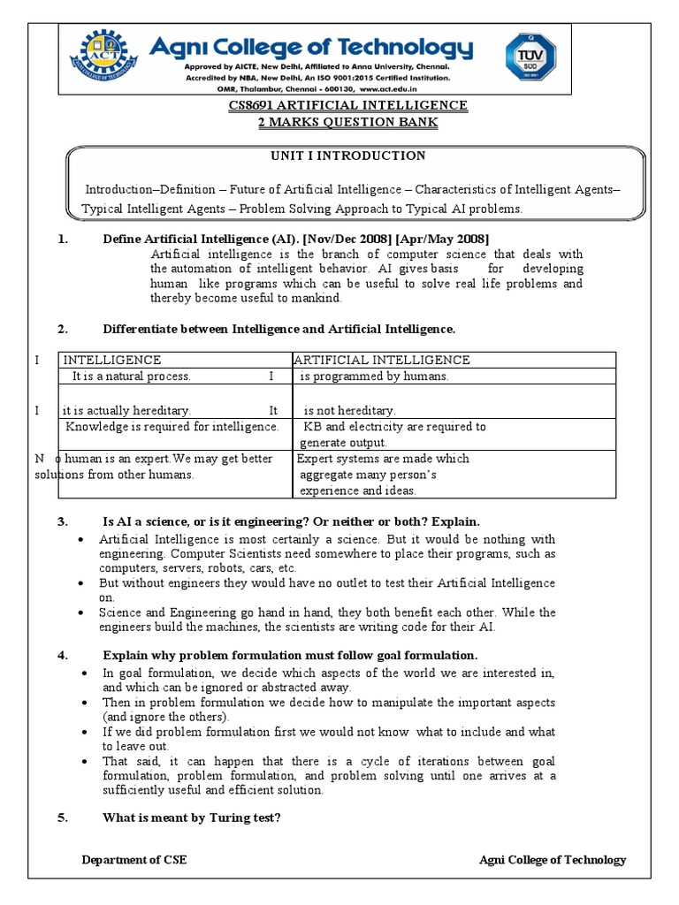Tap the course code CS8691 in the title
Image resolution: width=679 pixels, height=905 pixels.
coord(252,105)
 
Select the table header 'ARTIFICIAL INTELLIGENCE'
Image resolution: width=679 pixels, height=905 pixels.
coord(382,360)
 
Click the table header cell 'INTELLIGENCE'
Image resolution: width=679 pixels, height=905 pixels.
coord(111,360)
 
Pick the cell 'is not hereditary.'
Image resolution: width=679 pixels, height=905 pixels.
coord(349,410)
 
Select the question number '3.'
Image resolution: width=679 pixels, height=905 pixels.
coord(63,521)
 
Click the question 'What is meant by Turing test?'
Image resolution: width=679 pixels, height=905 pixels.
coord(192,818)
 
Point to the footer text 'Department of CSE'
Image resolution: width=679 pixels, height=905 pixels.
coord(134,860)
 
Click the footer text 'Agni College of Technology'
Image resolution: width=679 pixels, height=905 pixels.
coord(552,860)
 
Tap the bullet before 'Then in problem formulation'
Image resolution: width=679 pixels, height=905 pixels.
coord(82,703)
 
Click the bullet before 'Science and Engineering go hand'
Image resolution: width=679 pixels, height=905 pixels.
coord(82,612)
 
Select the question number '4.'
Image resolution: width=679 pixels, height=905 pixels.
coord(63,655)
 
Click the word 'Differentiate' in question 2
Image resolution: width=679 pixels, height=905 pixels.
coord(139,329)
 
